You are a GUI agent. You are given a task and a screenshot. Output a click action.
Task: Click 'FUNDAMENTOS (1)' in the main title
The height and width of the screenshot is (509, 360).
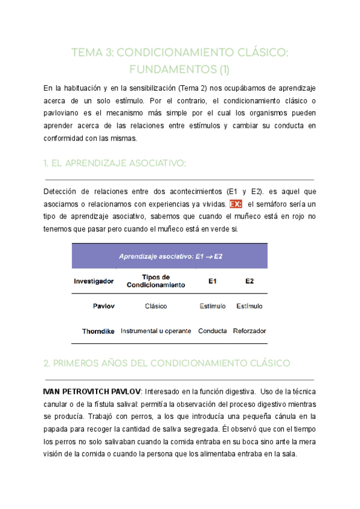point(180,70)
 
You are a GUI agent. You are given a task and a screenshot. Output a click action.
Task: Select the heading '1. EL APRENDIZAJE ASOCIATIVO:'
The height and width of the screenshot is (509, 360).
point(115,164)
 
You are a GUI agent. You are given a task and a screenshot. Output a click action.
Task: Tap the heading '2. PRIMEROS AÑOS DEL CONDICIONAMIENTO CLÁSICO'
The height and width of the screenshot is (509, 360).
point(167,363)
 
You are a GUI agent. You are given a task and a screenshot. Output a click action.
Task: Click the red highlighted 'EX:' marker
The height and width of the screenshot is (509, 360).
point(235,204)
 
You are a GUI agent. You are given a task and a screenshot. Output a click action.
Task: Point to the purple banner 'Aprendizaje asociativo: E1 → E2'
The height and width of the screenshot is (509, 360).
point(170,256)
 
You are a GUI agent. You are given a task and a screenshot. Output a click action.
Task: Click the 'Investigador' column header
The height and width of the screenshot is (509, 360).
point(94,281)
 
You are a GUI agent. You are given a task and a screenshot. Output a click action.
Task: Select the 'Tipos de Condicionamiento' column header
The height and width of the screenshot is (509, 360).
point(156,281)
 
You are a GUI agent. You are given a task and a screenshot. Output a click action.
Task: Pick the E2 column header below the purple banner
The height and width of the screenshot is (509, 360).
point(250,281)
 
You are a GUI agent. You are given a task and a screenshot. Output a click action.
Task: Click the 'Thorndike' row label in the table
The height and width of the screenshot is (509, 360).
point(98,331)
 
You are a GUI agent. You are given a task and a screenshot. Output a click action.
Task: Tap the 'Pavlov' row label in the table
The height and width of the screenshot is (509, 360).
point(104,306)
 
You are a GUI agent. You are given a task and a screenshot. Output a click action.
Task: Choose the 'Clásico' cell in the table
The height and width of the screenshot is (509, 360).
point(156,306)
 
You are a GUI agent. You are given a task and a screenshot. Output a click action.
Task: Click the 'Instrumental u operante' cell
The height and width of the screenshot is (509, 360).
point(156,331)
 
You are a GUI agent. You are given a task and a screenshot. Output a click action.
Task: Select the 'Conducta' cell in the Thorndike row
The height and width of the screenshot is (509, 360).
point(212,331)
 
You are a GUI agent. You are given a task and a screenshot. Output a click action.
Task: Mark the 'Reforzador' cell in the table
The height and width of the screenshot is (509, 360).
point(250,331)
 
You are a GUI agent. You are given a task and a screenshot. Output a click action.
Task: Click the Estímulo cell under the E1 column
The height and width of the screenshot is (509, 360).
point(212,306)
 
